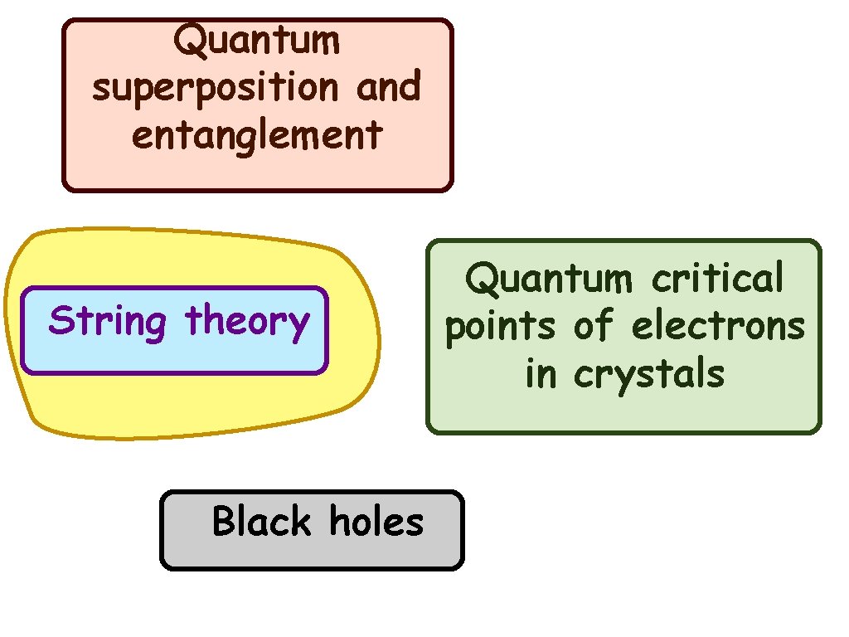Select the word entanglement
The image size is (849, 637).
tap(257, 135)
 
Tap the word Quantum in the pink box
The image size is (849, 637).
tap(257, 41)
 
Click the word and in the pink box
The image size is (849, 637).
tap(388, 86)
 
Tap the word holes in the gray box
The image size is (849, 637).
tap(376, 522)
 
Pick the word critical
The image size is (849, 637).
tap(717, 279)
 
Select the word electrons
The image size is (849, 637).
tap(718, 326)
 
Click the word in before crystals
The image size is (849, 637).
tap(541, 373)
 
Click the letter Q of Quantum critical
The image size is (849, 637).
tap(480, 280)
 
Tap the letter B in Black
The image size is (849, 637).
tap(223, 522)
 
